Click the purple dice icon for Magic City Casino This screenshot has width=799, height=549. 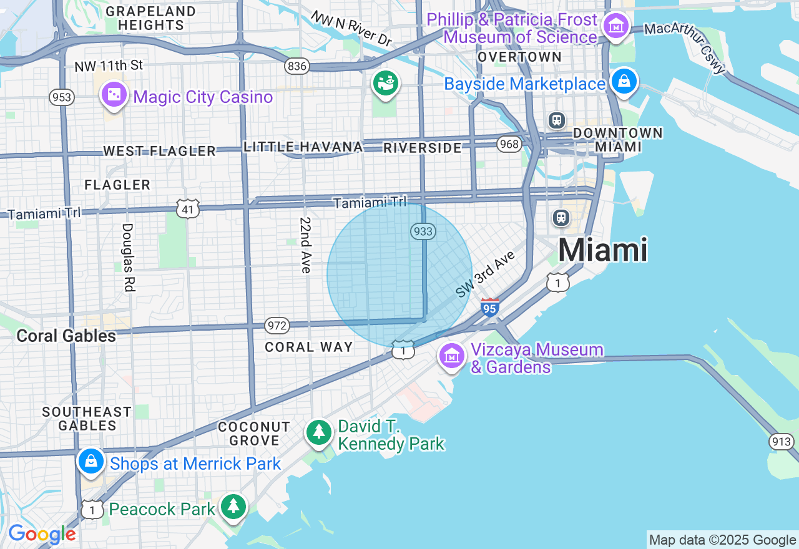click(114, 95)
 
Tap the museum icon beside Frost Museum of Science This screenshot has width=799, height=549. click(616, 26)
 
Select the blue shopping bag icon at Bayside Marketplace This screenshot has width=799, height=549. click(624, 81)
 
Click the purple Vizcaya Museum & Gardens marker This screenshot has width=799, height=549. click(452, 356)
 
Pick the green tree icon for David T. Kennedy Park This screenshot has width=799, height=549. click(318, 432)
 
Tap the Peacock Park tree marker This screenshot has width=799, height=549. click(233, 506)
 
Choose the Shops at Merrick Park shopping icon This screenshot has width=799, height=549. click(91, 462)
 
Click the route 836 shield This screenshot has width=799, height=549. click(297, 66)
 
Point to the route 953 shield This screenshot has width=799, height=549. click(62, 97)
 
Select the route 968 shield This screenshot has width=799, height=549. click(509, 145)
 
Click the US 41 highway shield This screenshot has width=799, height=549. click(188, 209)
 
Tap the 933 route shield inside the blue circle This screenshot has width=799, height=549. click(423, 231)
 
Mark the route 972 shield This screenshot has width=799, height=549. click(277, 325)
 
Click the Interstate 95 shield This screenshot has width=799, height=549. click(490, 307)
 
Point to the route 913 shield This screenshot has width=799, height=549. click(782, 442)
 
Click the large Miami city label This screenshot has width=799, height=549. click(602, 250)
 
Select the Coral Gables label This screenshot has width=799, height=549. click(66, 336)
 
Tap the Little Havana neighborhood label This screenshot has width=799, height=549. click(303, 147)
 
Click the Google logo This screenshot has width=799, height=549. click(42, 535)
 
